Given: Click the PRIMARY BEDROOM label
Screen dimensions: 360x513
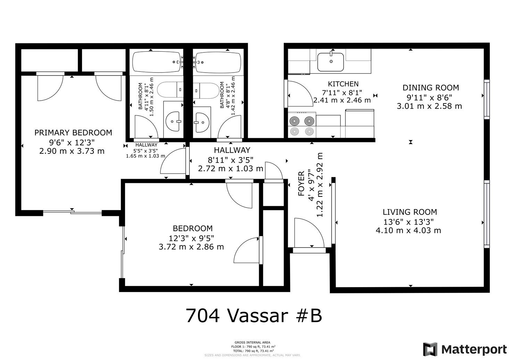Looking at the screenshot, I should [73, 133].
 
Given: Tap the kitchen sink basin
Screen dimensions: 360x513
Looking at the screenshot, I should [330, 61].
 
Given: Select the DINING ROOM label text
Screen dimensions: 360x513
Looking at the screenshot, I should [430, 88].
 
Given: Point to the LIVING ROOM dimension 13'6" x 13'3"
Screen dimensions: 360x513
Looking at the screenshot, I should [409, 221].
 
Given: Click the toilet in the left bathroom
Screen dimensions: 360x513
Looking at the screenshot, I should [170, 90].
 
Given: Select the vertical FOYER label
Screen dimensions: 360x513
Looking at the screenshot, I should [301, 183].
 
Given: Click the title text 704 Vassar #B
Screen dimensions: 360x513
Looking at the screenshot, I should [254, 316].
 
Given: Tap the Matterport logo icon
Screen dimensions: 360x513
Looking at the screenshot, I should [430, 349].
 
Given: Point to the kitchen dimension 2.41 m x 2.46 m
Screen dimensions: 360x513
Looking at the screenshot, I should [342, 100].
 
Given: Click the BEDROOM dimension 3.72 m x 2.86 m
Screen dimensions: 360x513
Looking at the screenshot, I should [191, 247].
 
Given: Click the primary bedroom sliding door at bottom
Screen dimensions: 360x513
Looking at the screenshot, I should [72, 211].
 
